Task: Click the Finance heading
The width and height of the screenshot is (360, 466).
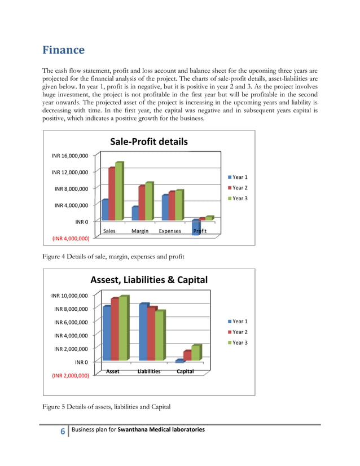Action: (64, 50)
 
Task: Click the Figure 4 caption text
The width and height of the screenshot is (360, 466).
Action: (113, 257)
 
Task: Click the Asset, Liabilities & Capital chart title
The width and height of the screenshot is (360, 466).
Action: (149, 280)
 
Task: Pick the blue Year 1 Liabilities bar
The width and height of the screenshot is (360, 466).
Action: (143, 332)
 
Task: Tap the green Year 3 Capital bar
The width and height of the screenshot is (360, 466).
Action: (196, 353)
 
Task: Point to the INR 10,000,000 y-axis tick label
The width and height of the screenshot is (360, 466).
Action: (69, 296)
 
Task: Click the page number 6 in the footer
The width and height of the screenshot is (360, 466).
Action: (63, 432)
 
